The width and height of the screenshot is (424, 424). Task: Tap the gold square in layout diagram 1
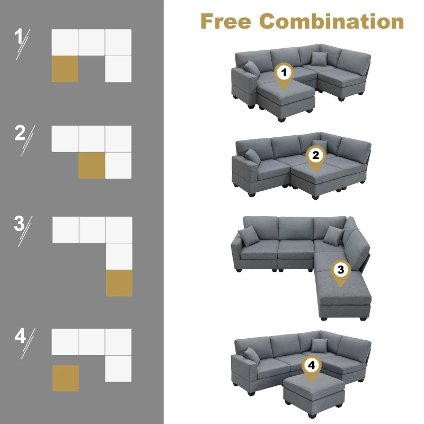coord(65,69)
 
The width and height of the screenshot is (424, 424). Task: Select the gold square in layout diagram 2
coord(92,165)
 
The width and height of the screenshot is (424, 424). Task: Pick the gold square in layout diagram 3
coord(119,283)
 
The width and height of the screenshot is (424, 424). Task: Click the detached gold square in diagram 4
coord(66,378)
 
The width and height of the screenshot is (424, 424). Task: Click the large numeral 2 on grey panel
coord(20,132)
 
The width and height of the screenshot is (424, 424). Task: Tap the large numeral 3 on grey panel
coord(20,224)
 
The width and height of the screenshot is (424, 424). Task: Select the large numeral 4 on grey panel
coord(20,335)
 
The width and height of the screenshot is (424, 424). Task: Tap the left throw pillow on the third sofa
coord(246,236)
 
